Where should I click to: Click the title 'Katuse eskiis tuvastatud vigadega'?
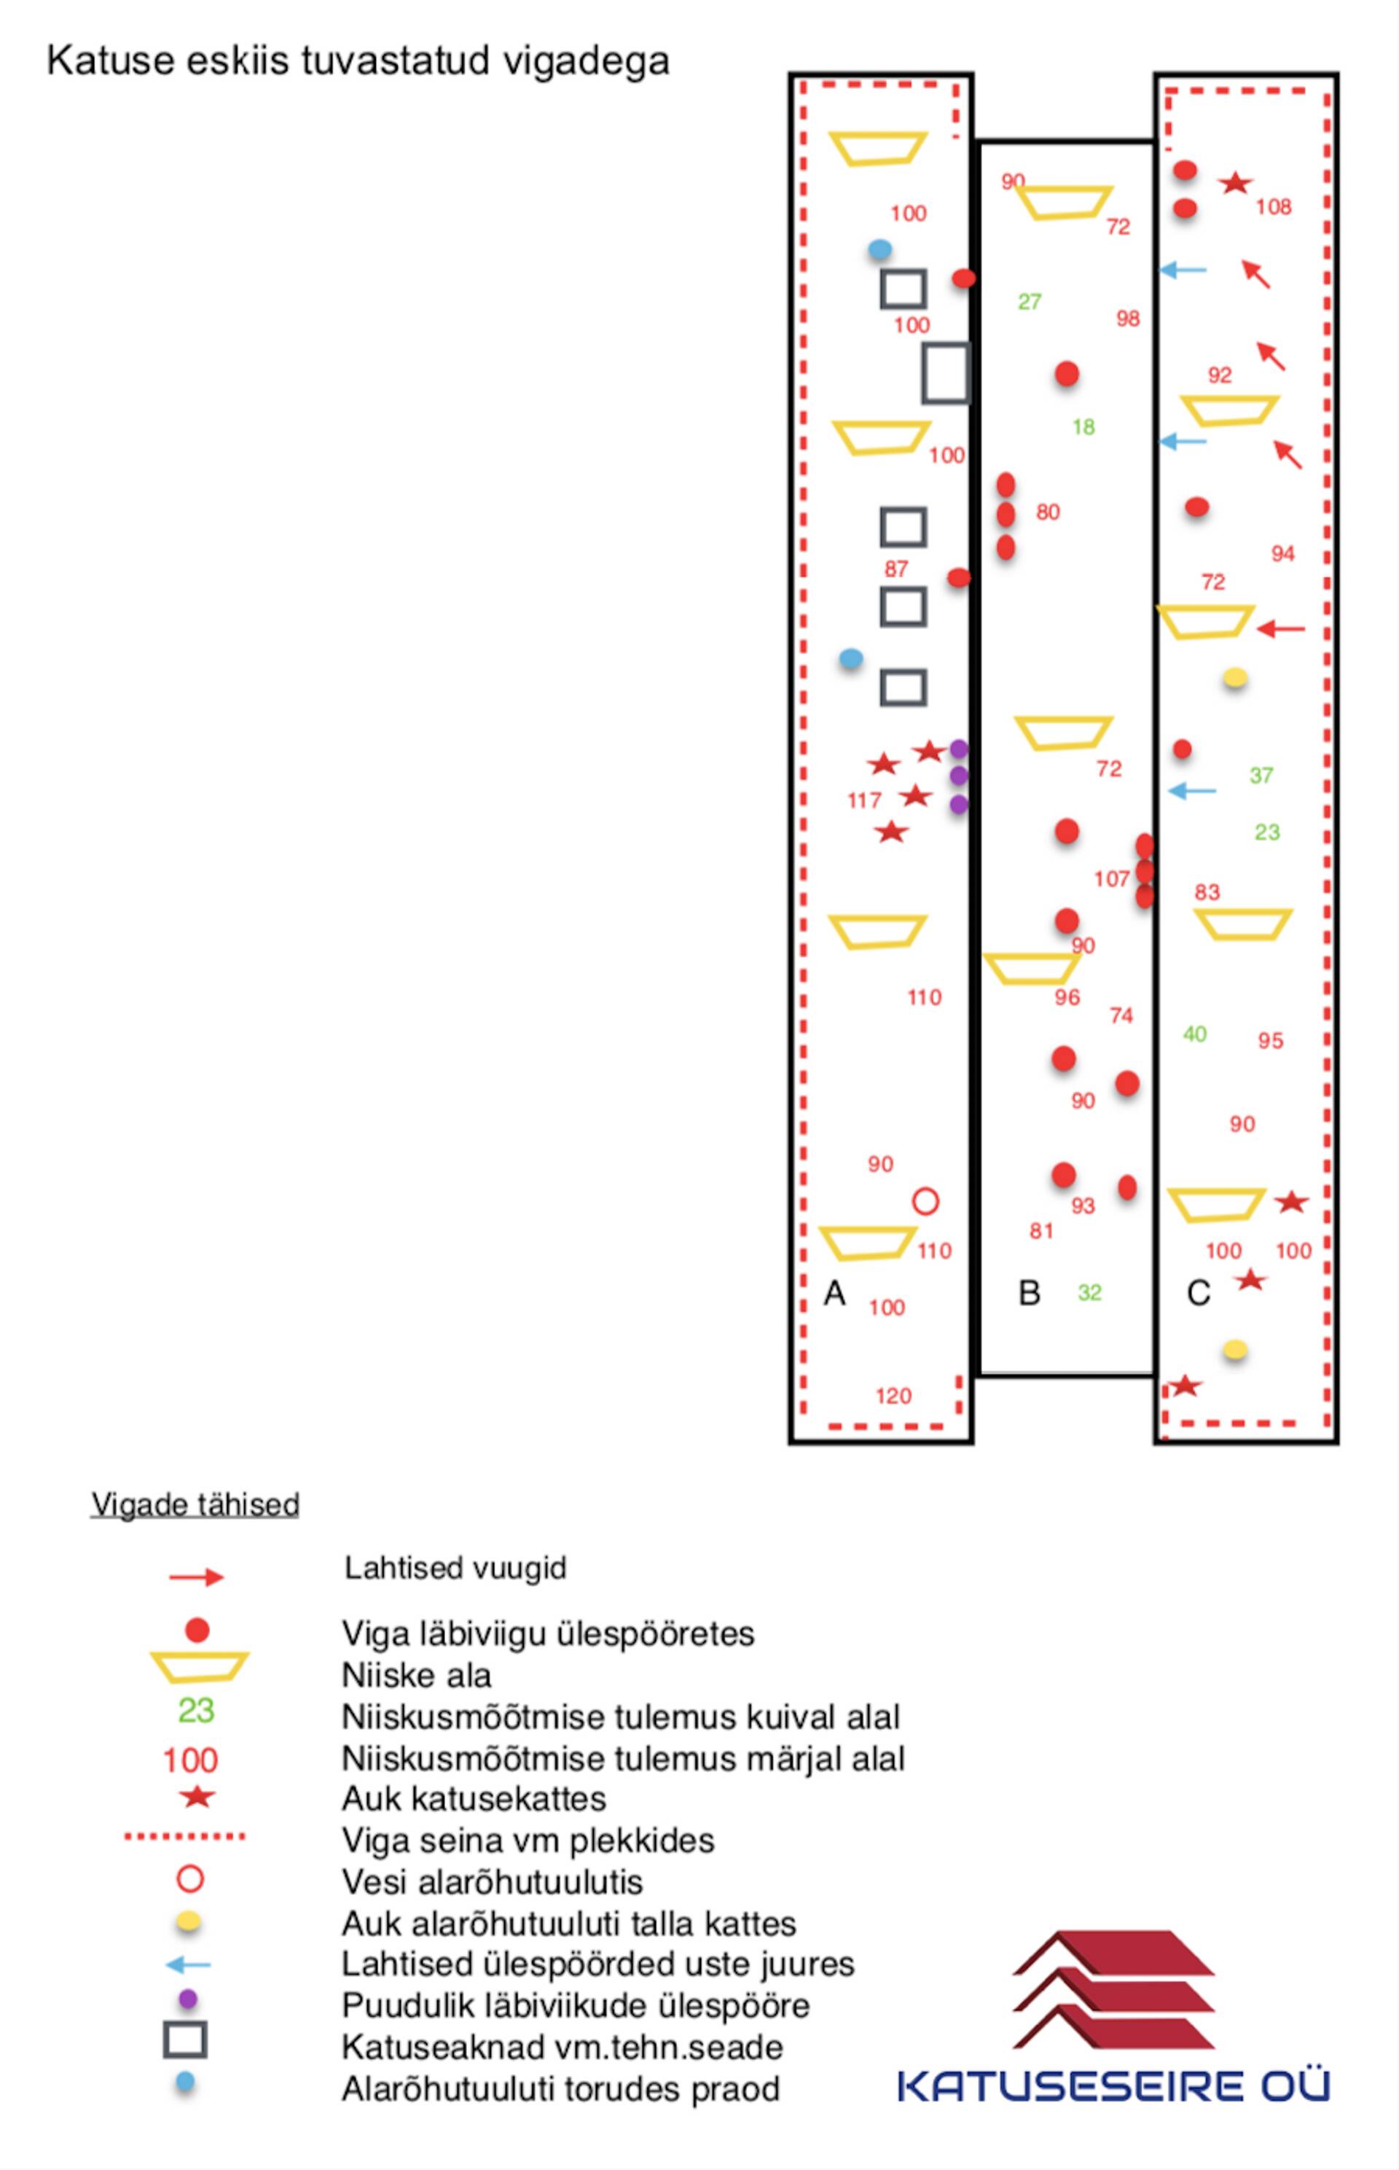click(358, 62)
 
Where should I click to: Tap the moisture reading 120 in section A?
click(893, 1397)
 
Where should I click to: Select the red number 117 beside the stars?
click(864, 800)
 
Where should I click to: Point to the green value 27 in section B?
click(1030, 302)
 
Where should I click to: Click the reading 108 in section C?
click(1274, 207)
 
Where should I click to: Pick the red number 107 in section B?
click(1111, 879)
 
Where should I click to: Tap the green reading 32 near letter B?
click(1089, 1292)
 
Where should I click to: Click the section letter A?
click(834, 1293)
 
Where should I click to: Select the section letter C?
click(1198, 1293)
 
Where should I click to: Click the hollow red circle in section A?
click(925, 1201)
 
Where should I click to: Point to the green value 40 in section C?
click(1194, 1034)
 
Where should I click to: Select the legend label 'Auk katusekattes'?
click(474, 1798)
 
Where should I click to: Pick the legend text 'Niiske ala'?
click(416, 1675)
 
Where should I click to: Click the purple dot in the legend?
click(188, 1999)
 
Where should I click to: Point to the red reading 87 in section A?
click(896, 569)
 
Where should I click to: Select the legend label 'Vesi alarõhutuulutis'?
click(491, 1881)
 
